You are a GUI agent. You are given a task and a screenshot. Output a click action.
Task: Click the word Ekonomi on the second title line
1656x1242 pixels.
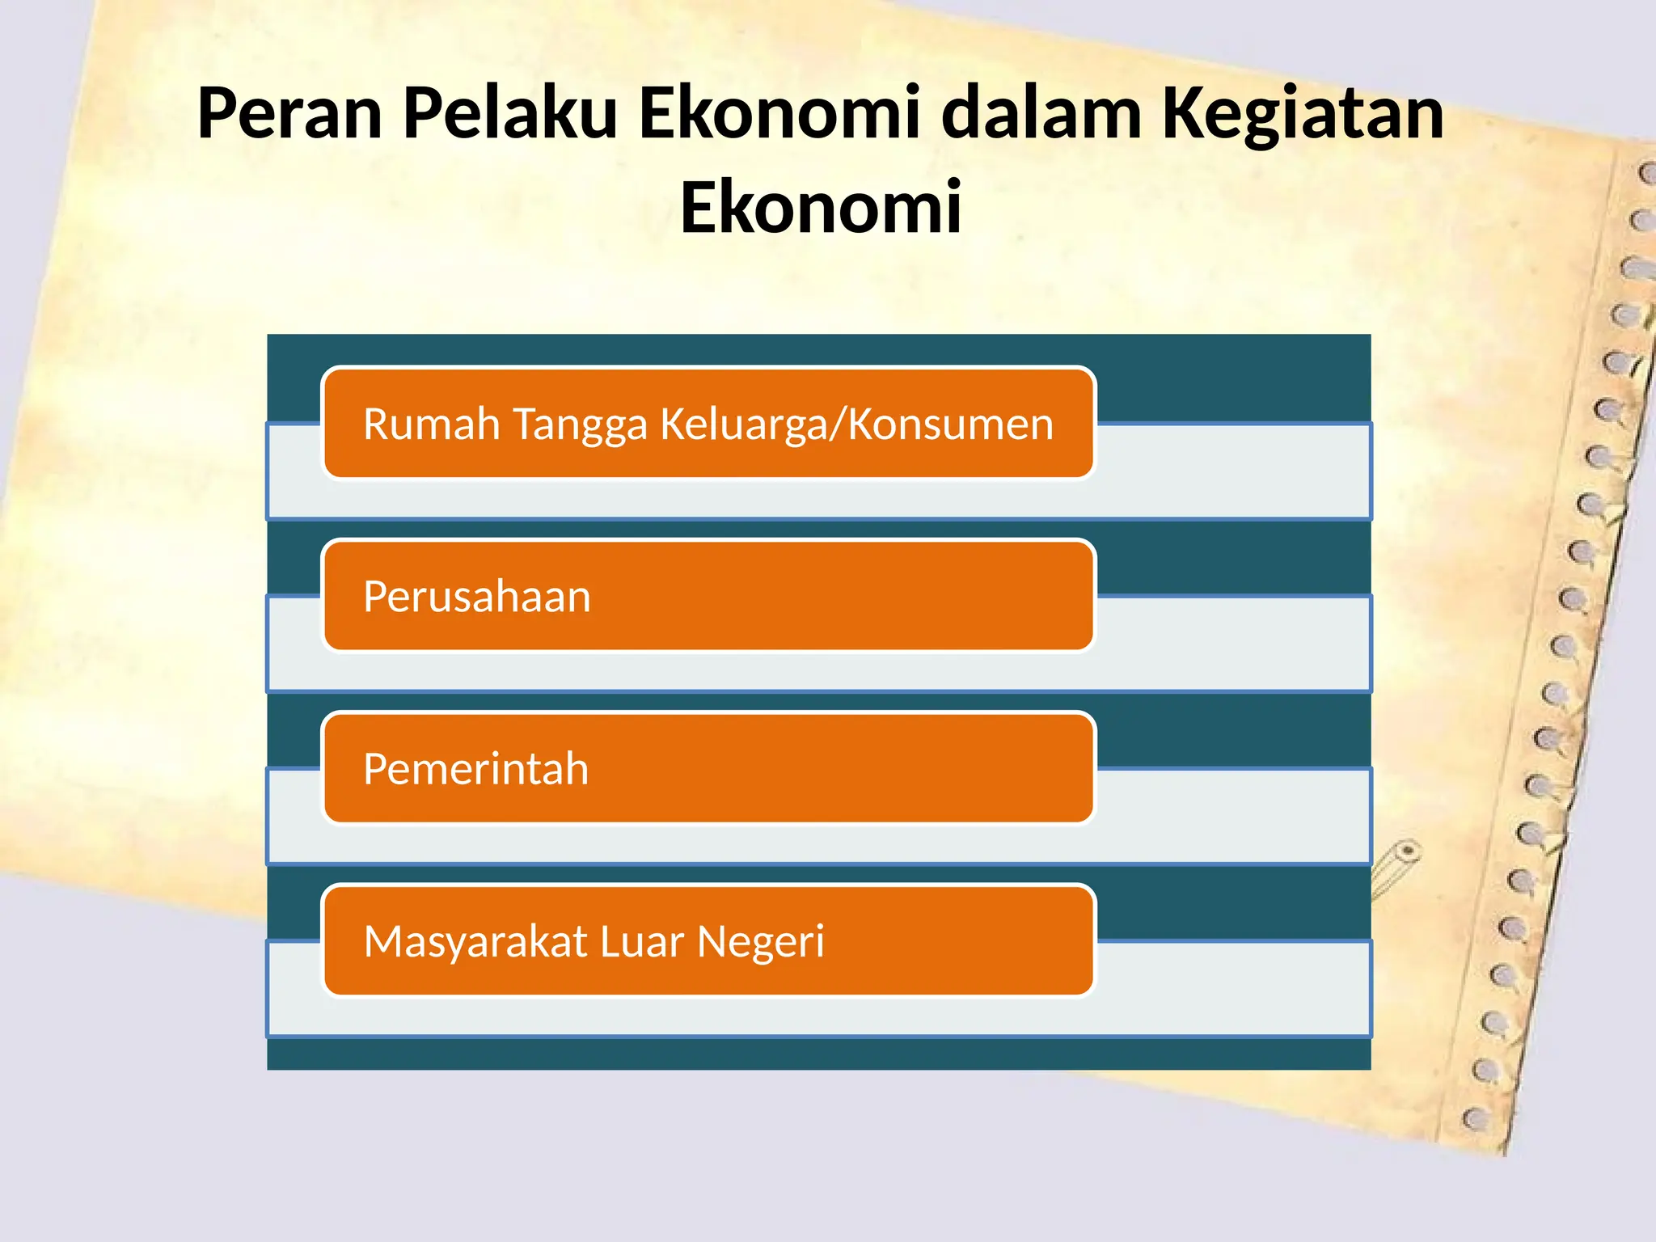tap(821, 208)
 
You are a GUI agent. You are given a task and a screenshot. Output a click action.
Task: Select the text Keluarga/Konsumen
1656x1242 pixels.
tap(856, 425)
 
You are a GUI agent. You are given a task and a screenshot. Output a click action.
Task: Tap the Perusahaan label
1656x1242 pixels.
tap(477, 597)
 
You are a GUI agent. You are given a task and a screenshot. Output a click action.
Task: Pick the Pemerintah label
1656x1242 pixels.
tap(475, 768)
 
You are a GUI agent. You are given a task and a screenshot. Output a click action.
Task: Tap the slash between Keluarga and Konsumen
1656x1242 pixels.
tap(839, 425)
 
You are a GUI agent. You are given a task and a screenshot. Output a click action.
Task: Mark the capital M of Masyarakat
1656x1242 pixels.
tap(383, 941)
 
